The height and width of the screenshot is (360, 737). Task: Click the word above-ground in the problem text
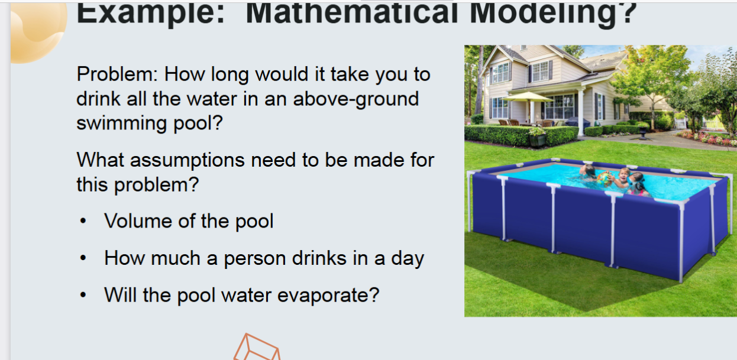[355, 99]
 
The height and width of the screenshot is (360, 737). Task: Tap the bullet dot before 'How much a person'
[84, 259]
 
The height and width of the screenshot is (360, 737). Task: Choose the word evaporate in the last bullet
[322, 294]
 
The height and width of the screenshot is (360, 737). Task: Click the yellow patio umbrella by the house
[527, 96]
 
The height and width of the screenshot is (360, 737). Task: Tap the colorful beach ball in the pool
[605, 178]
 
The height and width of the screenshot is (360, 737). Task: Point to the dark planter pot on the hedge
[538, 140]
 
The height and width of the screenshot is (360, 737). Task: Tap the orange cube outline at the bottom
[256, 348]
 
